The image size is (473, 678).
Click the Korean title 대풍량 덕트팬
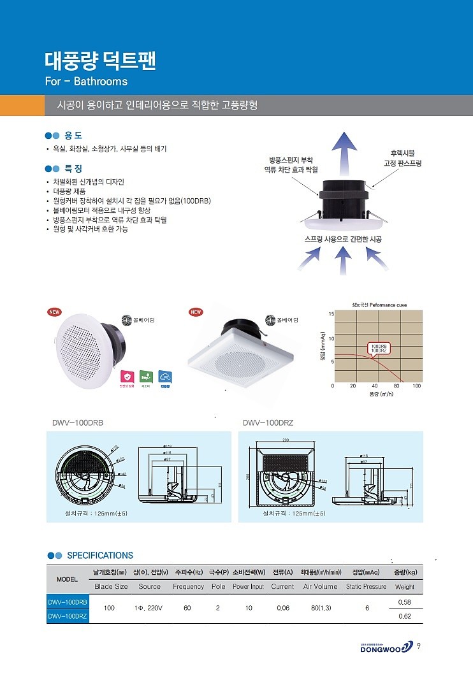(100, 61)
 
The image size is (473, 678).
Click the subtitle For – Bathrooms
(86, 82)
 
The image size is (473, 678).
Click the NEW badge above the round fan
(54, 312)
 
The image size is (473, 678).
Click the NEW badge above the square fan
(196, 312)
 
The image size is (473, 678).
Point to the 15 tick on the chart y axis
(331, 315)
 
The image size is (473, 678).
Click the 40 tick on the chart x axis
(374, 386)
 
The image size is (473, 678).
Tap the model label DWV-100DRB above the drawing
(77, 422)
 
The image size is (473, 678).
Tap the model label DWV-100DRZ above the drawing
(268, 422)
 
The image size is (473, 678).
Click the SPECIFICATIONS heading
(100, 555)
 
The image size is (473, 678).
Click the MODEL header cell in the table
(68, 579)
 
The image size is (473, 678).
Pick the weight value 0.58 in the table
(404, 602)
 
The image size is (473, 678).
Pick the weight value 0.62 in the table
(404, 616)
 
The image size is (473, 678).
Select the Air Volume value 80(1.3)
(320, 608)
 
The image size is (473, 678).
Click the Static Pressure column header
(366, 586)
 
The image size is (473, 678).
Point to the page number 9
(418, 646)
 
